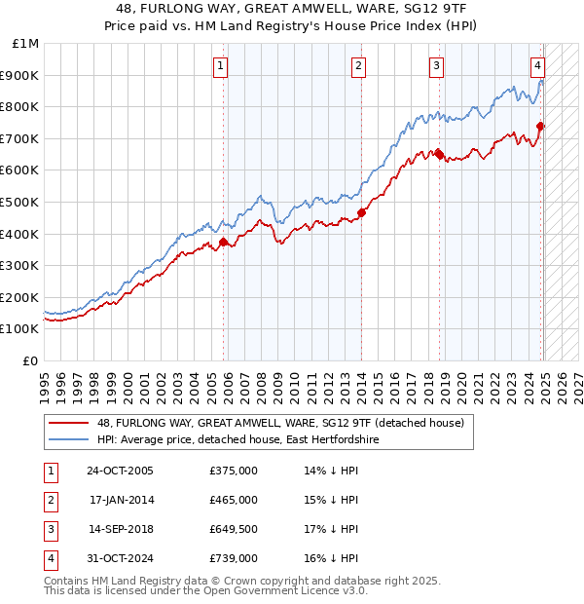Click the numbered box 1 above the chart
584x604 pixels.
pyautogui.click(x=221, y=66)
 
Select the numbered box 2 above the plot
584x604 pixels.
pyautogui.click(x=359, y=66)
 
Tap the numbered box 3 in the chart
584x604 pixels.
pyautogui.click(x=436, y=66)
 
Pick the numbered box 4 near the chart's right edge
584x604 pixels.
pyautogui.click(x=537, y=66)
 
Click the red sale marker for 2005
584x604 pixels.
pyautogui.click(x=224, y=242)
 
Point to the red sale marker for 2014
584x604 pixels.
pyautogui.click(x=361, y=212)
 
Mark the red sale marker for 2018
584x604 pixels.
pyautogui.click(x=439, y=154)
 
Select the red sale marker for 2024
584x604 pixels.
pyautogui.click(x=541, y=126)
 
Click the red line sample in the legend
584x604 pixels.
pyautogui.click(x=67, y=423)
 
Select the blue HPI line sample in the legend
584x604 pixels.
pyautogui.click(x=67, y=440)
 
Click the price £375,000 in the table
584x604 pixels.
pyautogui.click(x=234, y=471)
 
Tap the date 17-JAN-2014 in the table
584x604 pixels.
pyautogui.click(x=124, y=500)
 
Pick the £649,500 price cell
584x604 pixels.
pyautogui.click(x=234, y=529)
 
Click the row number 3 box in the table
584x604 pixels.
pyautogui.click(x=50, y=529)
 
